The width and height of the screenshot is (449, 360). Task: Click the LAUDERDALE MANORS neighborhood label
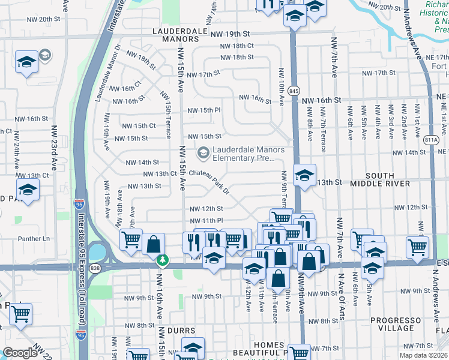[175, 34]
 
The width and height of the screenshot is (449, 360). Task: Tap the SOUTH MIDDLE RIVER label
[379, 182]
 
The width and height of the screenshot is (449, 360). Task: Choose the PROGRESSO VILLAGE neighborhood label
[400, 325]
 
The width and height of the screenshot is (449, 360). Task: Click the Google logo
[20, 353]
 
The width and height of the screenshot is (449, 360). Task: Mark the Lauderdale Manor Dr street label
[109, 72]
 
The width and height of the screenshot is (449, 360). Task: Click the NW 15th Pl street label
[204, 110]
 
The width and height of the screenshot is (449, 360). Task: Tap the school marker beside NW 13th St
[304, 176]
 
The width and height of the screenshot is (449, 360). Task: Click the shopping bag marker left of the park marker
[154, 244]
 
